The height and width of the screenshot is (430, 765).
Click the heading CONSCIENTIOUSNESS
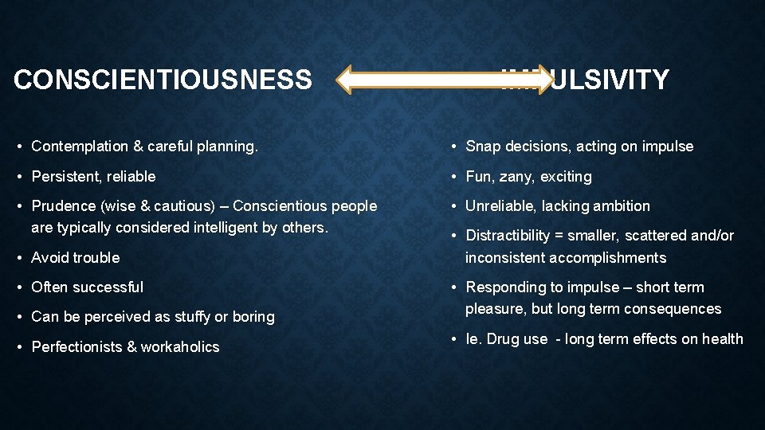(163, 80)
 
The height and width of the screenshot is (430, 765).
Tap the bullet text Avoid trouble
(75, 258)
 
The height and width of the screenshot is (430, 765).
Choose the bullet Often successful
(87, 287)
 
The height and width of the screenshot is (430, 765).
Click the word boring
(253, 317)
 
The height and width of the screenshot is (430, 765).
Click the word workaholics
(180, 347)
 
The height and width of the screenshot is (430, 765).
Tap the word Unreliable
(500, 206)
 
